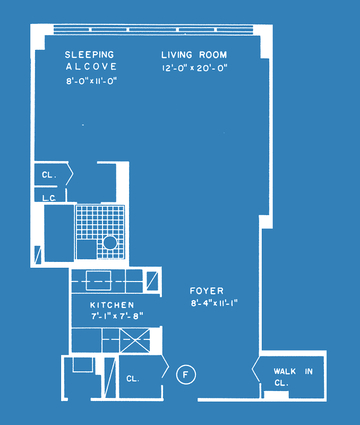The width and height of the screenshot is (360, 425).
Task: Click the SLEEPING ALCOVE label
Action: (91, 61)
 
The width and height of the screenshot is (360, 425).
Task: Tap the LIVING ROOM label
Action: (194, 55)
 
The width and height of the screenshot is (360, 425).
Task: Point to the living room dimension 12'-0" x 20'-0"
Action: (194, 68)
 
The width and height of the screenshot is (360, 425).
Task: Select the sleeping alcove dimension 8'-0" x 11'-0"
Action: (91, 81)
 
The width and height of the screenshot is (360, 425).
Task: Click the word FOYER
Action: (207, 291)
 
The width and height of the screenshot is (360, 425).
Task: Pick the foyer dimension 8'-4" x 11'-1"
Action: (214, 303)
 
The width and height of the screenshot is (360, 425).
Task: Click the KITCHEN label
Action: (112, 305)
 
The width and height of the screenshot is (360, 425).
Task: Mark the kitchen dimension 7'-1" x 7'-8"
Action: (117, 316)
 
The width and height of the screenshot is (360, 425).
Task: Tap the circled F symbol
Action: (186, 375)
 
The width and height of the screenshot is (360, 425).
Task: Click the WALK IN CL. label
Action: (293, 377)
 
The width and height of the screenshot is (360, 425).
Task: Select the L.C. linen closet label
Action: (49, 198)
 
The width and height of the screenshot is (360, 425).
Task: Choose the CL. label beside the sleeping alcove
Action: (49, 175)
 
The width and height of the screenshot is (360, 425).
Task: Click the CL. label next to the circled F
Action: (133, 379)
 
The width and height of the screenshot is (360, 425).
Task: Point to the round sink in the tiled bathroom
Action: (110, 243)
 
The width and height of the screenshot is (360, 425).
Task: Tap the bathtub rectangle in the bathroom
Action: (59, 233)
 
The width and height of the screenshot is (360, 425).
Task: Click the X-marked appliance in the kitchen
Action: (135, 341)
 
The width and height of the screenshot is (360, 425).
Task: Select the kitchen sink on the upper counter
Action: (98, 280)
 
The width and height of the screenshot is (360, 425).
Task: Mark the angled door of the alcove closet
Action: (70, 174)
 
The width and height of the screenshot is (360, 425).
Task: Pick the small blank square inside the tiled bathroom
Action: (87, 249)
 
